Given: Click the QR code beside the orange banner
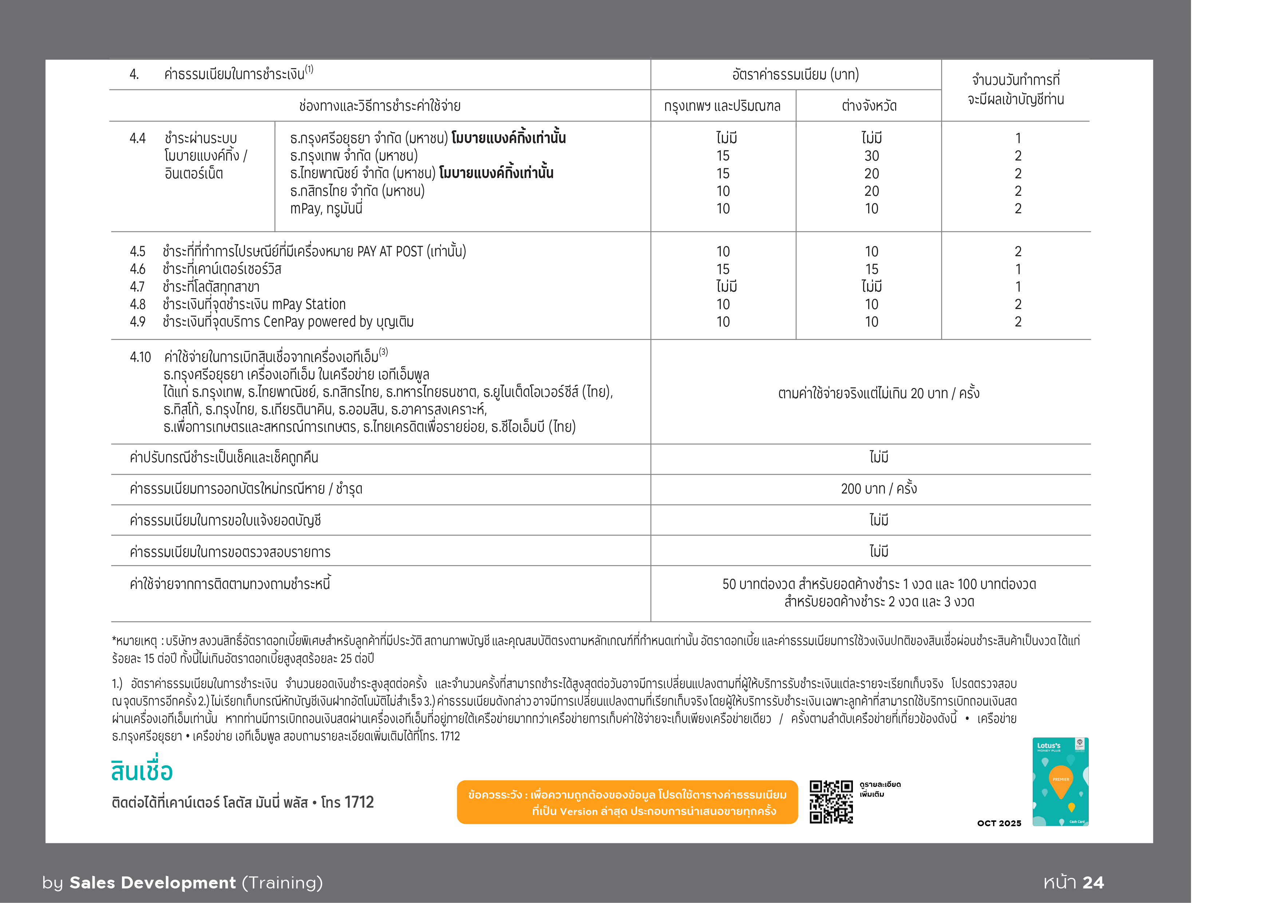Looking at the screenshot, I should point(831,802).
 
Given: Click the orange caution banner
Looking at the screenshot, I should point(627,802).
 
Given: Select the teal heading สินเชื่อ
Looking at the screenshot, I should point(142,771).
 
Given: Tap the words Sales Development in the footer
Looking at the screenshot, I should point(153,882).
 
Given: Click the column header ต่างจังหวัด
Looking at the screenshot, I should point(869,106).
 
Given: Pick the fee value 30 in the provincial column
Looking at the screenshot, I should point(871,156).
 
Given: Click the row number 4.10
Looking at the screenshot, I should point(140,357).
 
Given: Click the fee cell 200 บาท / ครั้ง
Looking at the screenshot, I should point(879,489).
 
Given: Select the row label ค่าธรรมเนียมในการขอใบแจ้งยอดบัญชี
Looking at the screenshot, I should point(225,520).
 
